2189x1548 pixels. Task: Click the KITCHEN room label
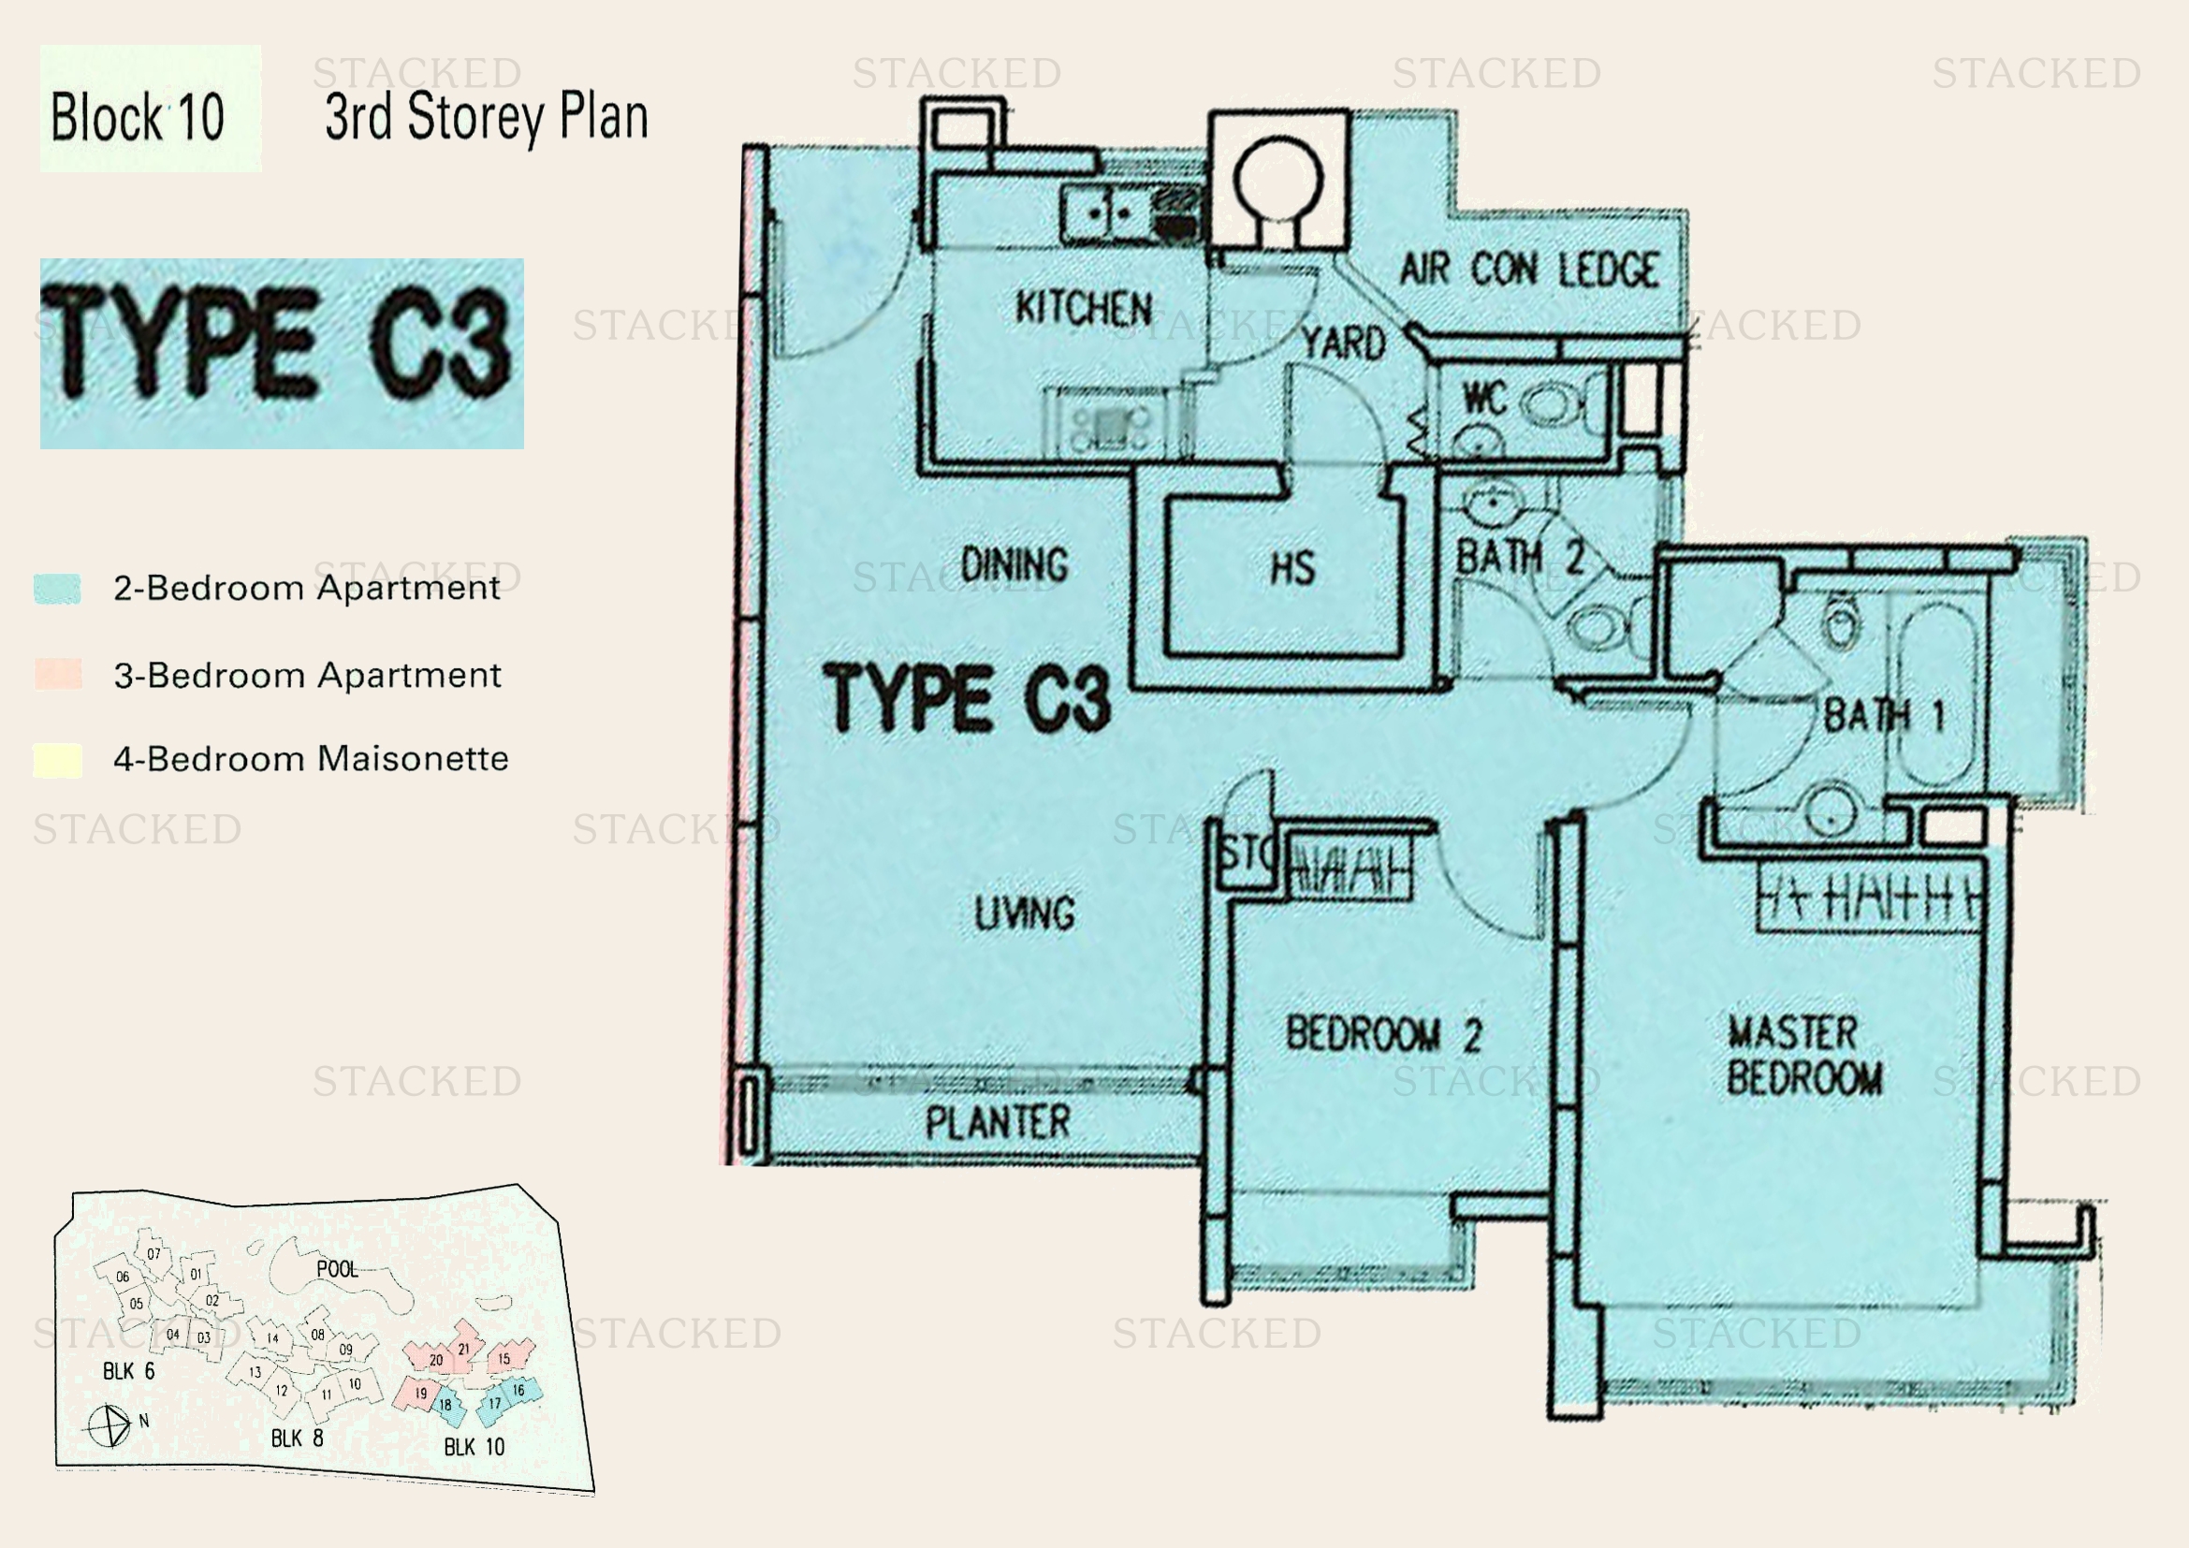pyautogui.click(x=1083, y=309)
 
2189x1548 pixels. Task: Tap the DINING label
pyautogui.click(x=1014, y=565)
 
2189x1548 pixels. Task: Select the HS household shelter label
pyautogui.click(x=1292, y=569)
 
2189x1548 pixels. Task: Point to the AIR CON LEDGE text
pyautogui.click(x=1529, y=270)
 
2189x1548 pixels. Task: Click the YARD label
pyautogui.click(x=1344, y=344)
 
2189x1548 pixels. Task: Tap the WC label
pyautogui.click(x=1483, y=399)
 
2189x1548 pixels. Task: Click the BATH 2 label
pyautogui.click(x=1520, y=557)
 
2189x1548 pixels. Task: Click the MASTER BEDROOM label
pyautogui.click(x=1803, y=1055)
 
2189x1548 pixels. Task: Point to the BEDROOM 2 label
pyautogui.click(x=1383, y=1035)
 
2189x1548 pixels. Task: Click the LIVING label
pyautogui.click(x=1025, y=913)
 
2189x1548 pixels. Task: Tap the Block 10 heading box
pyautogui.click(x=150, y=109)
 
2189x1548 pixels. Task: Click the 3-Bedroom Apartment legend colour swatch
pyautogui.click(x=58, y=674)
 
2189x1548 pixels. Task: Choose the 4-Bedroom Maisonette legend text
pyautogui.click(x=311, y=759)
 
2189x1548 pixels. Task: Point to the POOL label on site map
pyautogui.click(x=337, y=1269)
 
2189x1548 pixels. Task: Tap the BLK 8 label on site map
pyautogui.click(x=297, y=1438)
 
